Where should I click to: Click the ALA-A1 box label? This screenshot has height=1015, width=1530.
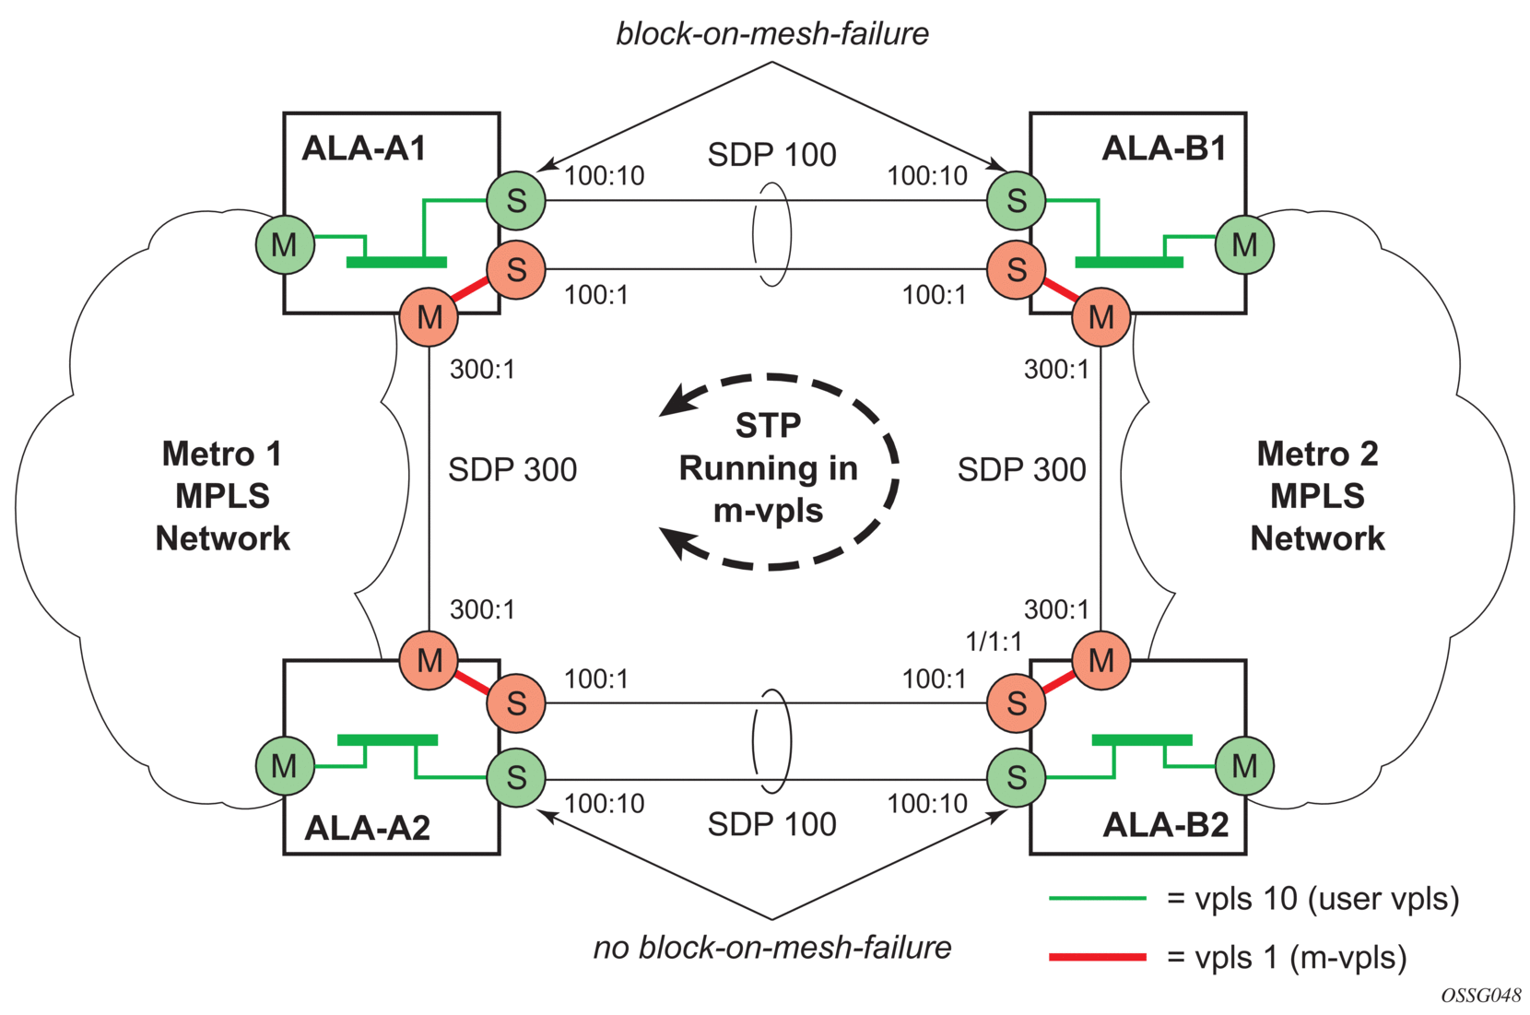[x=364, y=148]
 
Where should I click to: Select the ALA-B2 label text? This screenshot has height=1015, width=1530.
[x=1165, y=825]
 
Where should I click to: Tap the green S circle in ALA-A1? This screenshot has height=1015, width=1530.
[x=516, y=200]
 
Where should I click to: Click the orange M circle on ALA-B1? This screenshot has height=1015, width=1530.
[x=1100, y=317]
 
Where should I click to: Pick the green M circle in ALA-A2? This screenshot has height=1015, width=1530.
[x=284, y=765]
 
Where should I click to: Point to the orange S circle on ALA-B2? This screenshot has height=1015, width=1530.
[x=1016, y=703]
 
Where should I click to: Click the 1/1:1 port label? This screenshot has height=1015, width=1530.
[x=993, y=642]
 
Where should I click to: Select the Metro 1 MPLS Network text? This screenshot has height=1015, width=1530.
[x=222, y=496]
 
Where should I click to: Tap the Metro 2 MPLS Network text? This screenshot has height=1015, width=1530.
[x=1317, y=496]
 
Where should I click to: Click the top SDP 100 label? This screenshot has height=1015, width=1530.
[x=771, y=155]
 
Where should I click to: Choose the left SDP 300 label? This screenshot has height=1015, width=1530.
[x=512, y=470]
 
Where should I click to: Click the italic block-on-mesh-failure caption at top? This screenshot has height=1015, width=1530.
[x=772, y=34]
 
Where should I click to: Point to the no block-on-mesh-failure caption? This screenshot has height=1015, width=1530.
[x=772, y=948]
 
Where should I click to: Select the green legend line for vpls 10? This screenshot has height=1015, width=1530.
[x=1097, y=898]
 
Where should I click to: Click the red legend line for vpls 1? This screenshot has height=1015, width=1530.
[x=1097, y=958]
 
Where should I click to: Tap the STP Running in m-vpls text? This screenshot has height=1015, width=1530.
[x=768, y=468]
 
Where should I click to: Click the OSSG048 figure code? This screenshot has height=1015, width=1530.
[x=1481, y=996]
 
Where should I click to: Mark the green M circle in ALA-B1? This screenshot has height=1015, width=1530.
[x=1244, y=244]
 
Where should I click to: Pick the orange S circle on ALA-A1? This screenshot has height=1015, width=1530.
[x=516, y=269]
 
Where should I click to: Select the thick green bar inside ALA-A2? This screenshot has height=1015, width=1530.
[x=387, y=740]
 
